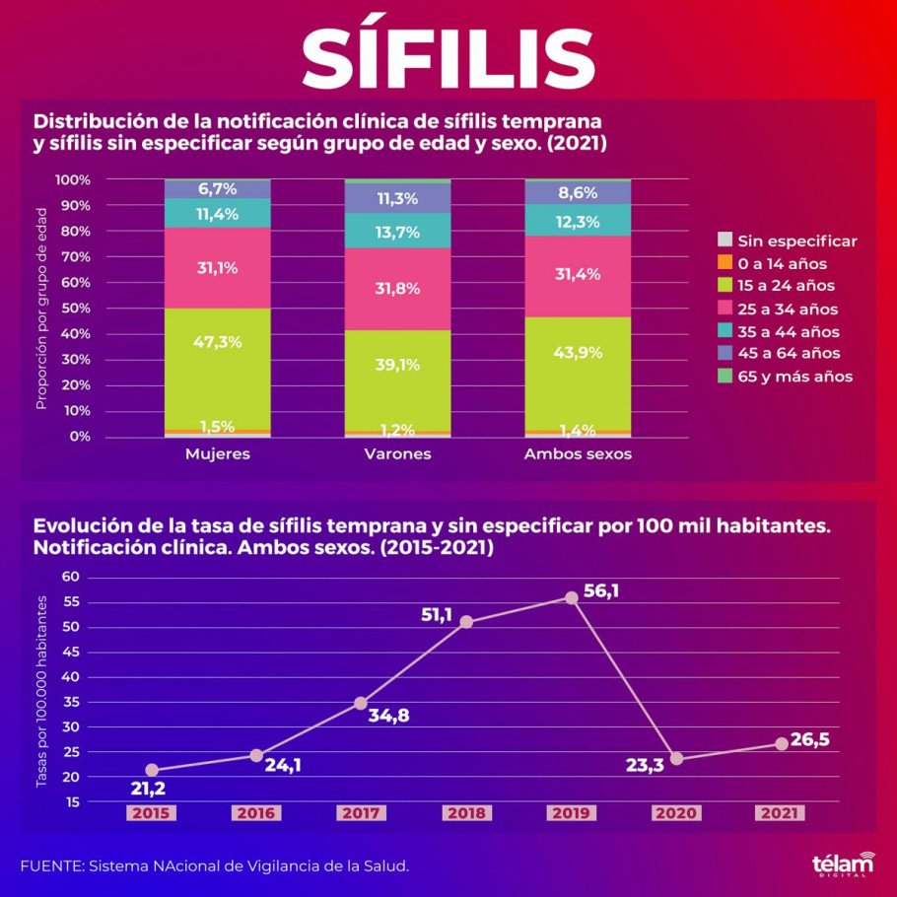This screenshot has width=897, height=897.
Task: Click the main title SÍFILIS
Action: pos(448,56)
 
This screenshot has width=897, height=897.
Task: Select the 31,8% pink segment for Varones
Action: pos(397,289)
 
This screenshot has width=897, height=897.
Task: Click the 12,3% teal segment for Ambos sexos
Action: pos(578,222)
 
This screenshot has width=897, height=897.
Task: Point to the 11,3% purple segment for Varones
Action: pos(397,198)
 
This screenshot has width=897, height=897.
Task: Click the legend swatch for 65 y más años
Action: pos(724,377)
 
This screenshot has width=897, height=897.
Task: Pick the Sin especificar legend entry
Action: pos(796,241)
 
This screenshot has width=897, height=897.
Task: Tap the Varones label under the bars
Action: pos(397,454)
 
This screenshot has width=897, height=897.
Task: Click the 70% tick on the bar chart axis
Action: pos(74,257)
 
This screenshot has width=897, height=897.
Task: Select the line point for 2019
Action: pos(571,597)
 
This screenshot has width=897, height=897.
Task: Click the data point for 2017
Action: pos(361,704)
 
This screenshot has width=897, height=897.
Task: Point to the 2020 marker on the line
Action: pos(676,758)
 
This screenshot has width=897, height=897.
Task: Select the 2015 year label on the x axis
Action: pos(151,813)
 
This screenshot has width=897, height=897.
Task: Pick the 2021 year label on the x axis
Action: pos(780,813)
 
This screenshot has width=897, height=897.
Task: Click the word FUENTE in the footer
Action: pos(50,865)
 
